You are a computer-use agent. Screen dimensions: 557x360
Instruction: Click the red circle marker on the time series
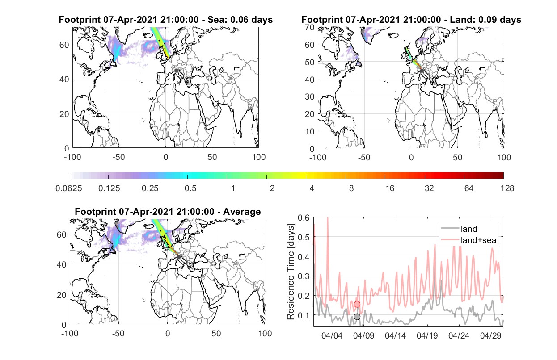pyautogui.click(x=357, y=304)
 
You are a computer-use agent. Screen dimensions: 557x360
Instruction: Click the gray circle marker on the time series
pyautogui.click(x=357, y=317)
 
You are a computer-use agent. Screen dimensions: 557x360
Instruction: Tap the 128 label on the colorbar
pyautogui.click(x=507, y=188)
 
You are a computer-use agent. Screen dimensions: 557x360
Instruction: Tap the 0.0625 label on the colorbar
pyautogui.click(x=69, y=188)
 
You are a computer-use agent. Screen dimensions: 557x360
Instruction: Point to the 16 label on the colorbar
pyautogui.click(x=390, y=188)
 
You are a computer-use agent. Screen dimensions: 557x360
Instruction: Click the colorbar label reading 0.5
pyautogui.click(x=190, y=188)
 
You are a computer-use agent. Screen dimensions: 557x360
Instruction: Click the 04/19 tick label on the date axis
pyautogui.click(x=427, y=335)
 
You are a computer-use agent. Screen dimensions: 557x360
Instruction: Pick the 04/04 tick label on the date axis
pyautogui.click(x=332, y=335)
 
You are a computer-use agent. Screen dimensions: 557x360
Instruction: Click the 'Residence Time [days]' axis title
pyautogui.click(x=291, y=272)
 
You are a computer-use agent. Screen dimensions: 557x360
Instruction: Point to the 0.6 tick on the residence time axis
pyautogui.click(x=304, y=218)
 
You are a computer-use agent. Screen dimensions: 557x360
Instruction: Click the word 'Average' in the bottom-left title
pyautogui.click(x=242, y=212)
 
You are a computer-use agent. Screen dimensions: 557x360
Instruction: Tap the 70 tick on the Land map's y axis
pyautogui.click(x=310, y=27)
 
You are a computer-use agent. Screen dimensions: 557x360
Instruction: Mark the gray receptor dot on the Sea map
pyautogui.click(x=176, y=71)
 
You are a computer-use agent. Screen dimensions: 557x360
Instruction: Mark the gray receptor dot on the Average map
pyautogui.click(x=178, y=257)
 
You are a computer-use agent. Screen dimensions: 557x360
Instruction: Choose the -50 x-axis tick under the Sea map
pyautogui.click(x=119, y=157)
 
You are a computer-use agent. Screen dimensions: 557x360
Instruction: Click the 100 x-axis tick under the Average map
pyautogui.click(x=265, y=333)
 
